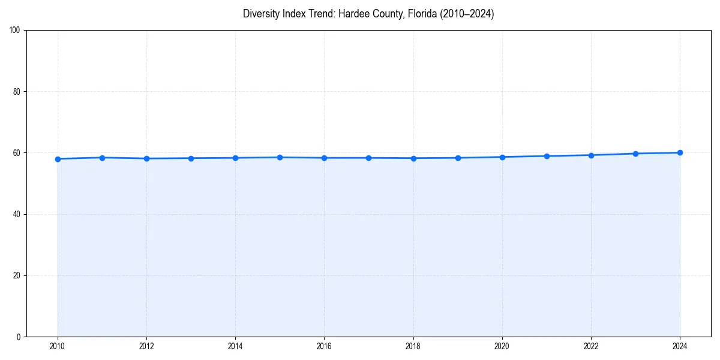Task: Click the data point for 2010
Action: tap(58, 159)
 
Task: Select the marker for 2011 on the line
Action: tap(102, 158)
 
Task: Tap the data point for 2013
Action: tap(191, 158)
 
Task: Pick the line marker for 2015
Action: tap(280, 157)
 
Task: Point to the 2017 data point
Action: tap(368, 158)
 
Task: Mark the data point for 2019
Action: tap(458, 158)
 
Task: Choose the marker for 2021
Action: tap(547, 156)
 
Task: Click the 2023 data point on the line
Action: tap(635, 154)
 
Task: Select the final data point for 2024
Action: tap(680, 152)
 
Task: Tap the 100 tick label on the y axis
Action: tap(16, 31)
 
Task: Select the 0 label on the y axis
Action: tap(19, 337)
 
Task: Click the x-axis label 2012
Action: tap(146, 346)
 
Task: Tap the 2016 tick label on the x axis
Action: tap(324, 346)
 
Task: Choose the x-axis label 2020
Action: tap(502, 346)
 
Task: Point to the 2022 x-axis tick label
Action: tap(591, 346)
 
